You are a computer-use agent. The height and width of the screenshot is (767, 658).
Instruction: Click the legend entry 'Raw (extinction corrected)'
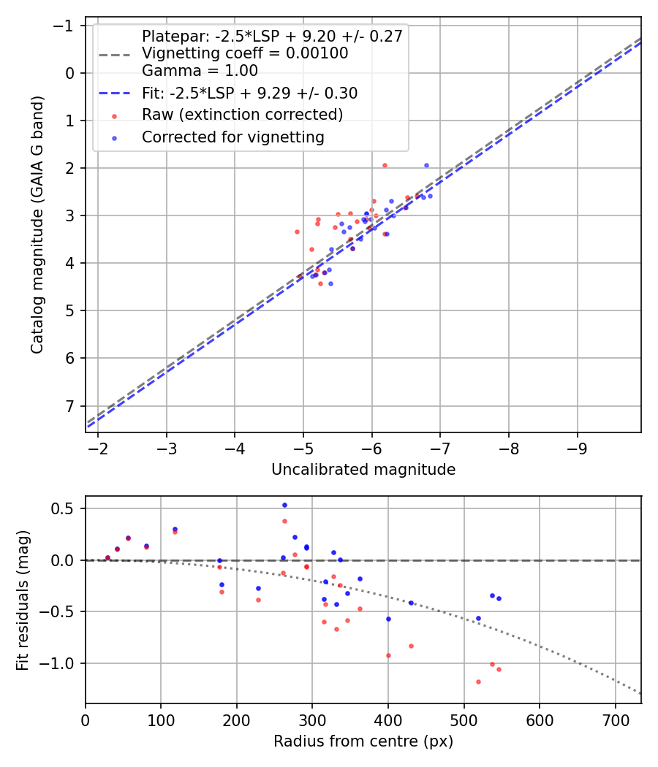point(242,115)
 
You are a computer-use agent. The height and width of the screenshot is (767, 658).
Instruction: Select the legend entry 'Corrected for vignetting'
point(233,137)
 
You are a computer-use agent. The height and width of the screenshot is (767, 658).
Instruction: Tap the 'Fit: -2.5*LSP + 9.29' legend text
point(249,93)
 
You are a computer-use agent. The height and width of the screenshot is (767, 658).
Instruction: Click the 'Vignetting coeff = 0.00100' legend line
point(245,53)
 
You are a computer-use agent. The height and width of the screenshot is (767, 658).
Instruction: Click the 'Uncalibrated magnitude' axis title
point(363,470)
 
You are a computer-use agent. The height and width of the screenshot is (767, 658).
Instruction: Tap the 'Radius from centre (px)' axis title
point(363,741)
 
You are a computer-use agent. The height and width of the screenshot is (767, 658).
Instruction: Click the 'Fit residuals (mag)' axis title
point(23,600)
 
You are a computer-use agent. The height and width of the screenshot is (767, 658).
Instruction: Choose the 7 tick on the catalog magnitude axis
point(71,406)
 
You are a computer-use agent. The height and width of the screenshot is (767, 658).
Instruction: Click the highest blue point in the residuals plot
point(284,505)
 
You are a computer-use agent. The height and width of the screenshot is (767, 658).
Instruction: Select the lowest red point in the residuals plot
point(478,682)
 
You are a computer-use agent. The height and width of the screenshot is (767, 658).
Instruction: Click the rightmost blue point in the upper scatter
point(430,196)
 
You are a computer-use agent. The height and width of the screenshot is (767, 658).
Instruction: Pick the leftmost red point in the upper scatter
point(297,232)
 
